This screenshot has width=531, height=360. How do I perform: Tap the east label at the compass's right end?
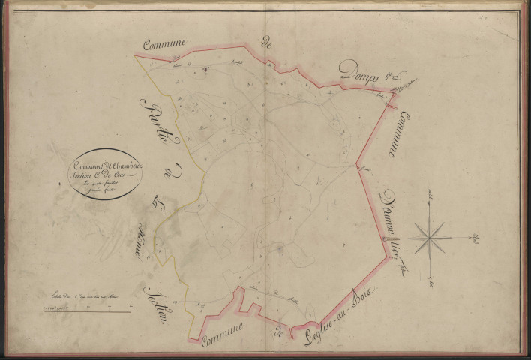(x=475, y=238)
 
